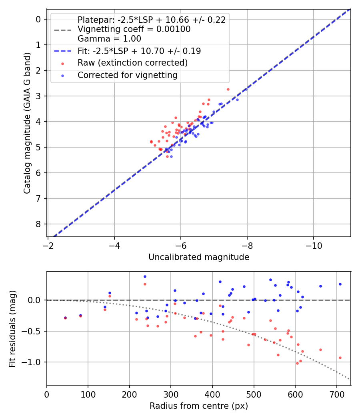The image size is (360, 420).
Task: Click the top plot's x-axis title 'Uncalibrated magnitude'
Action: pos(199,257)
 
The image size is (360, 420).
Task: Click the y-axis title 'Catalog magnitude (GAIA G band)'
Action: pos(27,122)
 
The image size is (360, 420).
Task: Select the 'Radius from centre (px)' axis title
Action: pos(199,406)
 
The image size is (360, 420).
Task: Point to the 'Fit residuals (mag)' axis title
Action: pos(13,328)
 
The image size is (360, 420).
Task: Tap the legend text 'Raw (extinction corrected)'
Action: pos(132,63)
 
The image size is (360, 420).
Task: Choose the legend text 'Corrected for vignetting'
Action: pos(127,75)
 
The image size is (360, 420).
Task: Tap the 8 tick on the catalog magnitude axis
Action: pos(38,224)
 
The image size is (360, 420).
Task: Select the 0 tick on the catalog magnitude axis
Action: pos(38,19)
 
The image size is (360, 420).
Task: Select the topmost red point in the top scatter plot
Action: pos(228,89)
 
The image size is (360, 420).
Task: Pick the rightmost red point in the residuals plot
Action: pos(340,358)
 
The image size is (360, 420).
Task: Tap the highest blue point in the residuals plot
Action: pos(145,276)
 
